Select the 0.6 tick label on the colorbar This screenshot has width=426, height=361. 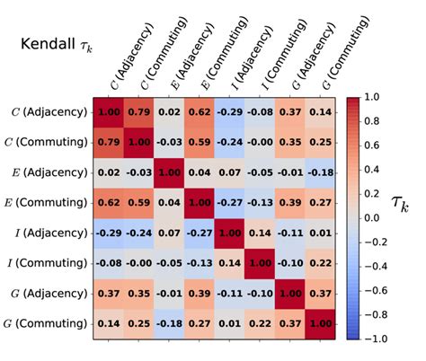point(378,144)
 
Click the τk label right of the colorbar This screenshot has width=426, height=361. point(404,208)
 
